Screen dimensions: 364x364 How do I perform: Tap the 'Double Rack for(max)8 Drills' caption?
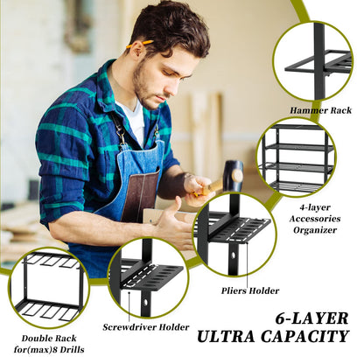click(41, 342)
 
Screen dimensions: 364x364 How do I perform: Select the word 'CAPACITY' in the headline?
click(311, 335)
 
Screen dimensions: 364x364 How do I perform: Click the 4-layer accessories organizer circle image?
click(296, 157)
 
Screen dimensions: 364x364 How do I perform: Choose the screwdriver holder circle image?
click(147, 277)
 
